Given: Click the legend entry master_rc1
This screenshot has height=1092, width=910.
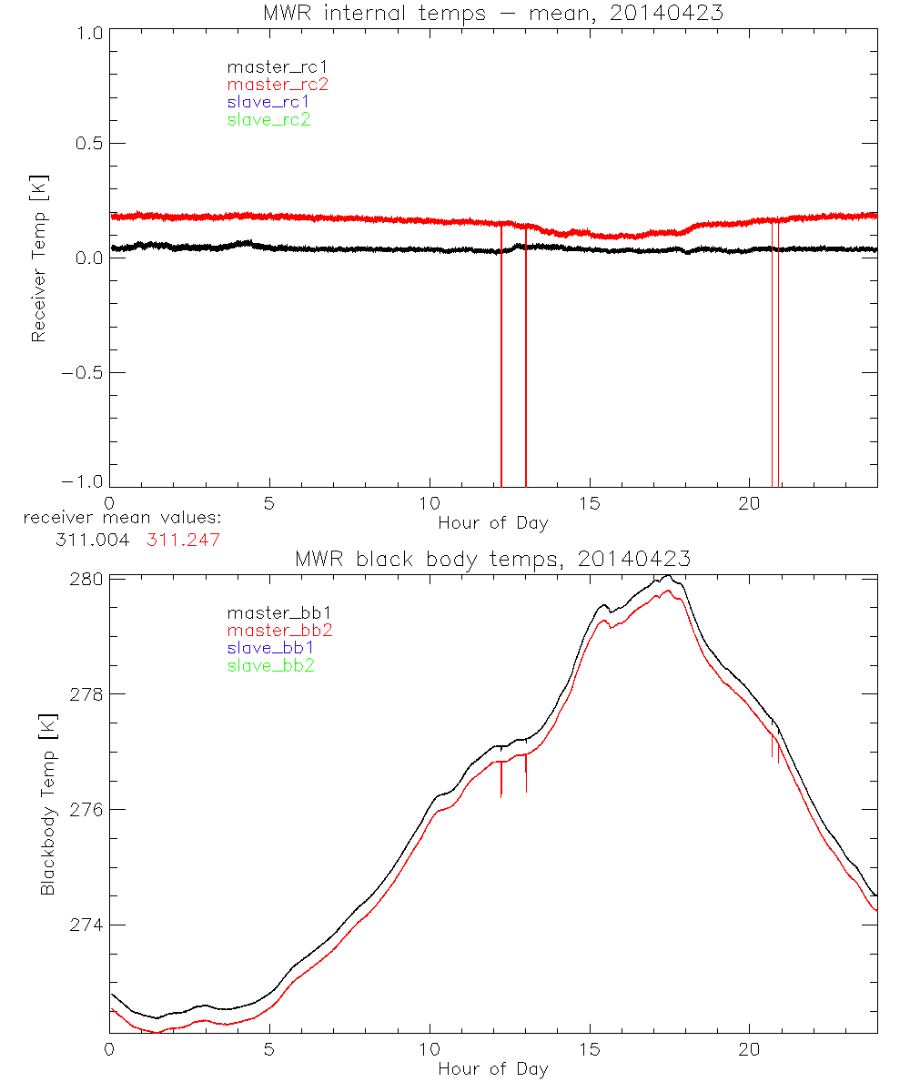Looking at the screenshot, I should coord(269,66).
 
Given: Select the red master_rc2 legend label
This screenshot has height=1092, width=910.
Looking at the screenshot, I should coord(278,84).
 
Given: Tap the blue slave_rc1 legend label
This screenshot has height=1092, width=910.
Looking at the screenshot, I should coord(268,102).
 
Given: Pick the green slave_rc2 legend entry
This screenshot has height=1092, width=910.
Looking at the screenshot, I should coord(268,119).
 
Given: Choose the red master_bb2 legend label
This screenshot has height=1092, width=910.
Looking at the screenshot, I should coord(279,630).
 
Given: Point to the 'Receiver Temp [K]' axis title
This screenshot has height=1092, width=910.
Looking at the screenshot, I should coord(38,258).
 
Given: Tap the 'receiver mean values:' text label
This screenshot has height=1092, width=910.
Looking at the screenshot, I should coord(122,518).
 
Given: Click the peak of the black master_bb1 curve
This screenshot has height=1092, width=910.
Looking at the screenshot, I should coord(668,575).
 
